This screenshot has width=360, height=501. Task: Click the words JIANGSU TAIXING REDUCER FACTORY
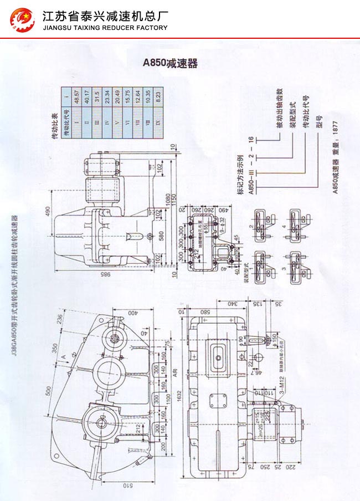105,28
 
